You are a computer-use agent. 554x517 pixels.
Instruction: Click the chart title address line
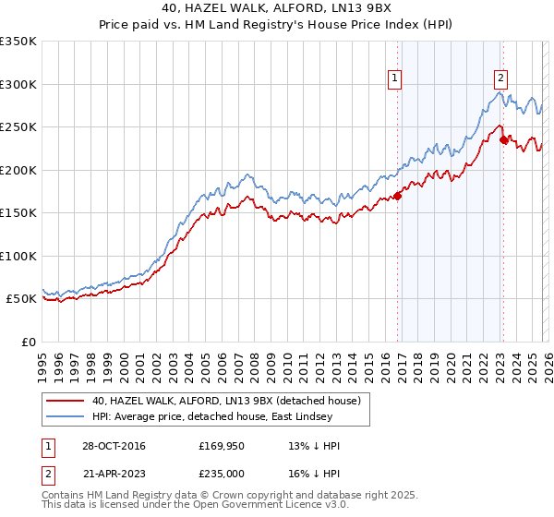[277, 10]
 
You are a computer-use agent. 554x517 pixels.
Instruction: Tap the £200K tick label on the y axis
[18, 170]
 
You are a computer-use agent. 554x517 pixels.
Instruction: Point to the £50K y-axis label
[21, 299]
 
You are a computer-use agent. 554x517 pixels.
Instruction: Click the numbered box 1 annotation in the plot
[394, 79]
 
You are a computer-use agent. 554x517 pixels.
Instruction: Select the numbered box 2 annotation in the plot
[500, 79]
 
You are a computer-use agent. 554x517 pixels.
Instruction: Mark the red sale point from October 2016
[398, 196]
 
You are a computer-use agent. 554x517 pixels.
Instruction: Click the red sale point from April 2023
[503, 139]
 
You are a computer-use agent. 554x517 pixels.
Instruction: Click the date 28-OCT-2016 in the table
[113, 446]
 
